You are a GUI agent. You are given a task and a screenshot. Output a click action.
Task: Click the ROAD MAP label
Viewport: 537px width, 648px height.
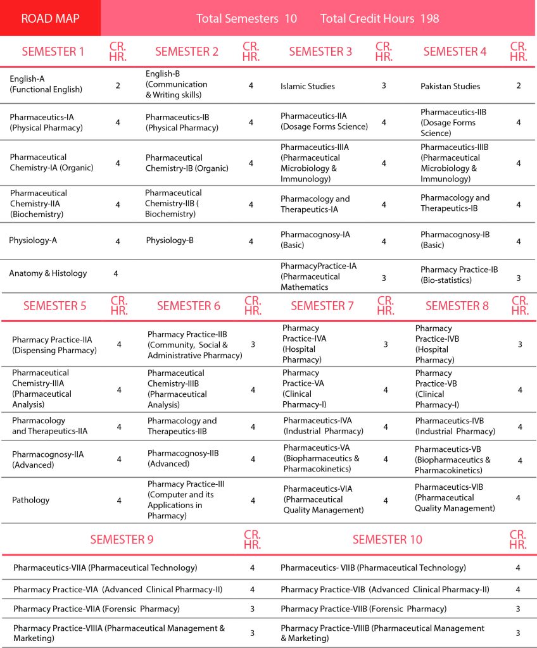click(x=50, y=18)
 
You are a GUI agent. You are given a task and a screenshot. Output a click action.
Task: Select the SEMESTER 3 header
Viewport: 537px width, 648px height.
click(x=320, y=52)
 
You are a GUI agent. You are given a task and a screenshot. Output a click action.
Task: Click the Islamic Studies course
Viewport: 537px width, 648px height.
click(x=308, y=86)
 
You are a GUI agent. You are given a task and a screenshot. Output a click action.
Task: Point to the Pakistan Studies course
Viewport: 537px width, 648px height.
click(x=450, y=86)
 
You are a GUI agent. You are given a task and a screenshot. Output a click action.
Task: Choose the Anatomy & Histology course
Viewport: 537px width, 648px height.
click(x=48, y=273)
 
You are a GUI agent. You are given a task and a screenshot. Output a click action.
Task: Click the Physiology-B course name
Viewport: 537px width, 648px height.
click(x=170, y=240)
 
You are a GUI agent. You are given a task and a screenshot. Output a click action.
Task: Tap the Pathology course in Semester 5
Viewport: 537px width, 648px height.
click(x=30, y=500)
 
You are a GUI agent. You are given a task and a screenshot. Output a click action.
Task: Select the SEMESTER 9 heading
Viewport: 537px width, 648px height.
click(x=122, y=540)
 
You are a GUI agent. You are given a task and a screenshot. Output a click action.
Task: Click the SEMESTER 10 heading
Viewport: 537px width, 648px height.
click(x=387, y=540)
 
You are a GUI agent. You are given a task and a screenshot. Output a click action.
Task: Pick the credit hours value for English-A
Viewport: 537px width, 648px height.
click(x=118, y=85)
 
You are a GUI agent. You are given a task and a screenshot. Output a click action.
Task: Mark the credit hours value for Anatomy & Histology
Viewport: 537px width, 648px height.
click(x=116, y=273)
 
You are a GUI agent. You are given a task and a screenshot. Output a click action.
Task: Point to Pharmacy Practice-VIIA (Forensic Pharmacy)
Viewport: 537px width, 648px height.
click(x=96, y=609)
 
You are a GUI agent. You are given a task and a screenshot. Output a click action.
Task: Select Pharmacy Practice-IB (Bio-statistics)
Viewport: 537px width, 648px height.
click(x=459, y=275)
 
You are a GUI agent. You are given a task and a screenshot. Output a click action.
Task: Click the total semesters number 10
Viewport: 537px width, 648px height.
click(x=291, y=18)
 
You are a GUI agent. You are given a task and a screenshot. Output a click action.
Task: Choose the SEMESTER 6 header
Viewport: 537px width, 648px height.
click(x=189, y=306)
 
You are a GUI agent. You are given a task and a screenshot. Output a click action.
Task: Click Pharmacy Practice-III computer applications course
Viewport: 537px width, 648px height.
click(x=186, y=500)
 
